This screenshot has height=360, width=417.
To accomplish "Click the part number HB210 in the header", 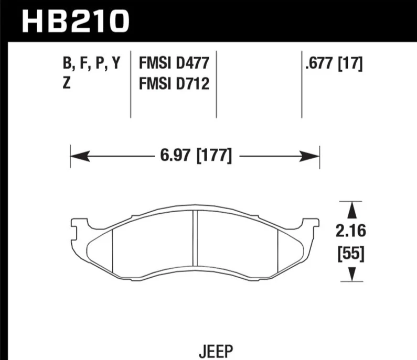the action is [x=76, y=21].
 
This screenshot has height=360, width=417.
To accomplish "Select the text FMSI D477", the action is [x=174, y=63].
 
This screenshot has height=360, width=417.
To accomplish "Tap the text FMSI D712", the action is [x=174, y=83].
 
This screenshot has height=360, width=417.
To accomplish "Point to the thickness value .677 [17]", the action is [x=334, y=63].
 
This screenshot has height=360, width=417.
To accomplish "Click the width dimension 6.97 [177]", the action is [x=196, y=156].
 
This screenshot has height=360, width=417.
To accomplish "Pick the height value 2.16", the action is [x=351, y=231].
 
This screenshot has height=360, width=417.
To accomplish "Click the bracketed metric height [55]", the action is [x=351, y=254].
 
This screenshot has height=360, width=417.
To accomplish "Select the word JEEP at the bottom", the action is [x=216, y=351].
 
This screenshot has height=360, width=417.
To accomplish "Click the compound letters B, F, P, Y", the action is [x=91, y=63].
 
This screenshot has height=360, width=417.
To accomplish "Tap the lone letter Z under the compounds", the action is [x=67, y=83].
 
